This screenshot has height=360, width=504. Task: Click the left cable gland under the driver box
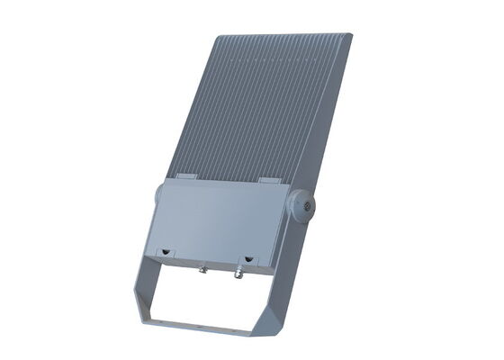tap(203, 267)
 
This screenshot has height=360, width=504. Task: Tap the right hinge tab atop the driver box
tap(269, 180)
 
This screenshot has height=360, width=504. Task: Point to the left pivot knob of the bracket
tap(158, 193)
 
